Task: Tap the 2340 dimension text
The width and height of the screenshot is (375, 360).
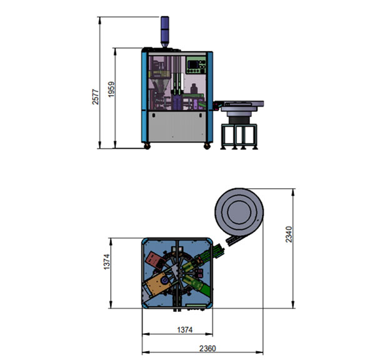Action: click(288, 234)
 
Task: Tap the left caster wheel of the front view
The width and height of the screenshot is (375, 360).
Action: click(148, 146)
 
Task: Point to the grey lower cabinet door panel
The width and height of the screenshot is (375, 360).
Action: click(176, 127)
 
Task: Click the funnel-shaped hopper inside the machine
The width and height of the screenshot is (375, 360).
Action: click(157, 82)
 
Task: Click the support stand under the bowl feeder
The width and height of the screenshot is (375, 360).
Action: click(239, 135)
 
